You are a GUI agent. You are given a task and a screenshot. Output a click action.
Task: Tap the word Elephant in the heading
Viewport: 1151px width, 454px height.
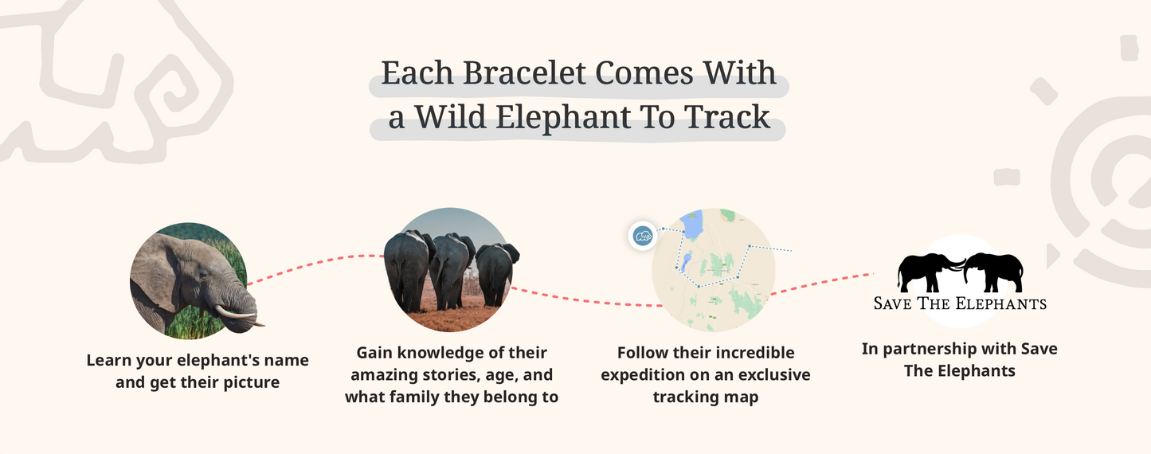pos(561,118)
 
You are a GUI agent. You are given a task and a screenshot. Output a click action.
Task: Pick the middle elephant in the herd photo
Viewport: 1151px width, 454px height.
pos(452,271)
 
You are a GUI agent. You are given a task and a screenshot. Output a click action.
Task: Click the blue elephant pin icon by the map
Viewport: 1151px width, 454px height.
pos(642,236)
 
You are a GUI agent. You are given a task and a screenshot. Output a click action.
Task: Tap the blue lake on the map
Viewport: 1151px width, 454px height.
pos(692,225)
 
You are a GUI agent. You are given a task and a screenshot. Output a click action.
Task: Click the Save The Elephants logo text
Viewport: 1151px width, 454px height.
pos(960,303)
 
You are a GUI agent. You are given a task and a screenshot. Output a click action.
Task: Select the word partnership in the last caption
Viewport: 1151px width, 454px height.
pos(934,349)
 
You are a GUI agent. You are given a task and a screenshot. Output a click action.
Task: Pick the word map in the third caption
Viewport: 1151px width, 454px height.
pos(742,397)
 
